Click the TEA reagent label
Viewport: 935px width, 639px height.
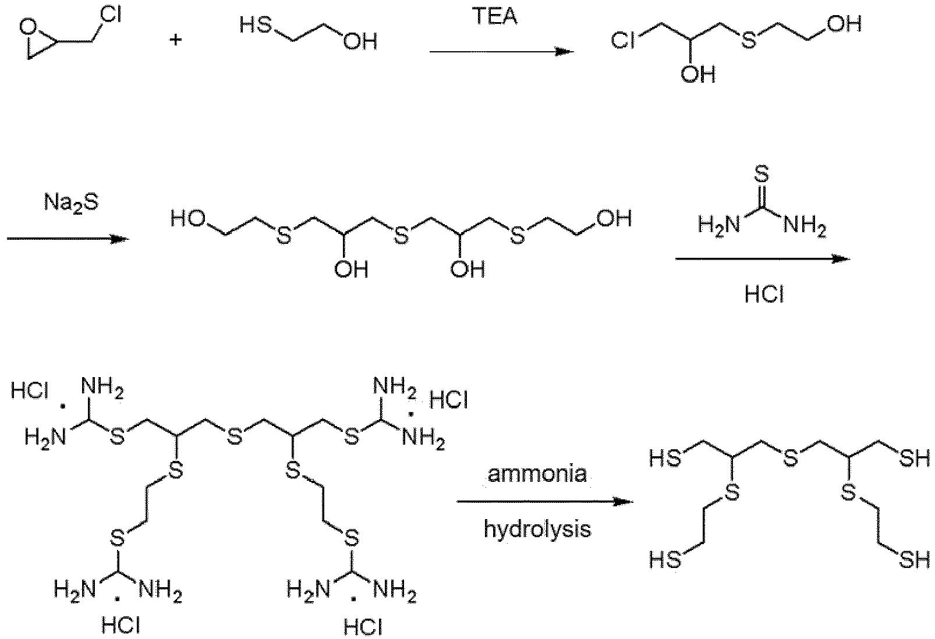(x=495, y=16)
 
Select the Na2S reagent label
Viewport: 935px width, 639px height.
(x=72, y=203)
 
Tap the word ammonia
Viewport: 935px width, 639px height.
(x=537, y=474)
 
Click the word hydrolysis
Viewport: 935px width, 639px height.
(x=537, y=529)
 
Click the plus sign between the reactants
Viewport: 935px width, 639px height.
(x=176, y=40)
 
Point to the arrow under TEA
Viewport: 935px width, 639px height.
(x=502, y=51)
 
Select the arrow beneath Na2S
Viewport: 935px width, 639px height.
(x=68, y=239)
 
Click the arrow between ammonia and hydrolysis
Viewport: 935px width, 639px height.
(x=545, y=501)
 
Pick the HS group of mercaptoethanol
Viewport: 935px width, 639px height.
(x=256, y=26)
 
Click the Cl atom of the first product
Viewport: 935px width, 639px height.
(x=622, y=41)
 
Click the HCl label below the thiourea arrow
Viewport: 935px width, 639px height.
(x=764, y=295)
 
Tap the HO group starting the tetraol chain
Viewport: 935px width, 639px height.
(x=188, y=219)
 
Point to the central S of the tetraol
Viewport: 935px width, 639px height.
(x=401, y=235)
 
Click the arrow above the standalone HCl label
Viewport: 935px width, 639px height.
(x=763, y=259)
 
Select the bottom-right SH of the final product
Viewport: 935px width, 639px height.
(x=915, y=559)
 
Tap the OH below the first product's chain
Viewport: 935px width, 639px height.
(x=698, y=74)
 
